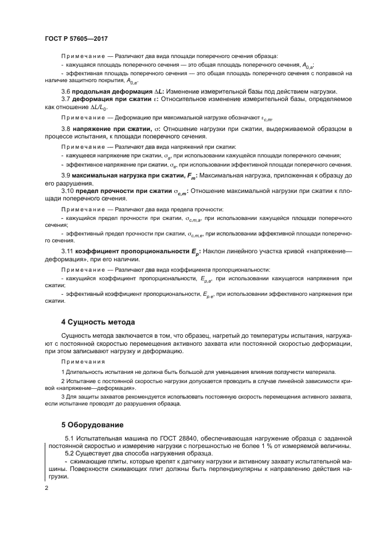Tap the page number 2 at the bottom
coord(47,489)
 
